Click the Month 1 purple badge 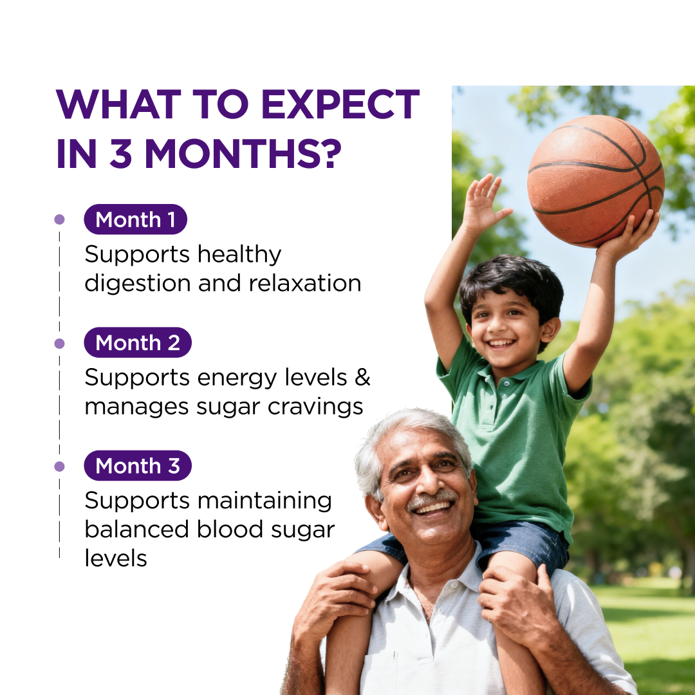pos(135,219)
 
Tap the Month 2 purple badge pos(138,342)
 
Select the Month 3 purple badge pos(138,465)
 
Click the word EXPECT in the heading pos(340,104)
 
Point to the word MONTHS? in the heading pos(243,154)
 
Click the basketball pos(596,181)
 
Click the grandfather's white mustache pos(432,499)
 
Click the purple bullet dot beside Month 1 pos(59,219)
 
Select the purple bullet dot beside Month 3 pos(59,467)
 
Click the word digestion pos(138,284)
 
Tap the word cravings pos(315,407)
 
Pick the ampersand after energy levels pos(362,377)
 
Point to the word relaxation pos(305,283)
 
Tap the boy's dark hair pos(512,284)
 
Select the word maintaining pos(264,501)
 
